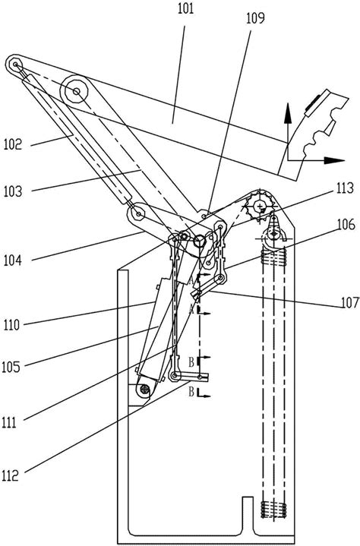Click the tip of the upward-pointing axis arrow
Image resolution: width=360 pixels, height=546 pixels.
pos(288,107)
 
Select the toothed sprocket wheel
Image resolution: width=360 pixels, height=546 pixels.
pos(261,205)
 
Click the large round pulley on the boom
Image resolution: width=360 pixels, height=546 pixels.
pos(77,92)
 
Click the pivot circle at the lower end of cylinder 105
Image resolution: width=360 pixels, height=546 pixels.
pos(144,390)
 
